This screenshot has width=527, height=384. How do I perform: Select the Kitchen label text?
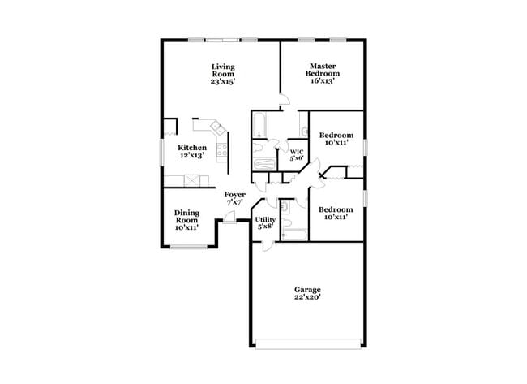(x=191, y=148)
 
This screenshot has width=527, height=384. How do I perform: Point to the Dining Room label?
(x=186, y=217)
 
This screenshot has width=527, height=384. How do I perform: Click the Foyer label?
(x=234, y=195)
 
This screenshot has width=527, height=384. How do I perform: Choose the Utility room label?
(x=265, y=219)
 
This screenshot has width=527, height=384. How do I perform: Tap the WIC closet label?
(x=297, y=151)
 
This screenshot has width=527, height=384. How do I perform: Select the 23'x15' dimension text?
(x=223, y=81)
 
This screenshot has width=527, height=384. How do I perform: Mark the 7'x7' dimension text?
(x=234, y=203)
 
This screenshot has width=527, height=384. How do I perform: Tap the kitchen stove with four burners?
(x=223, y=148)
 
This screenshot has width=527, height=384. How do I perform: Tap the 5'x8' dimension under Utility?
(x=265, y=227)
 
